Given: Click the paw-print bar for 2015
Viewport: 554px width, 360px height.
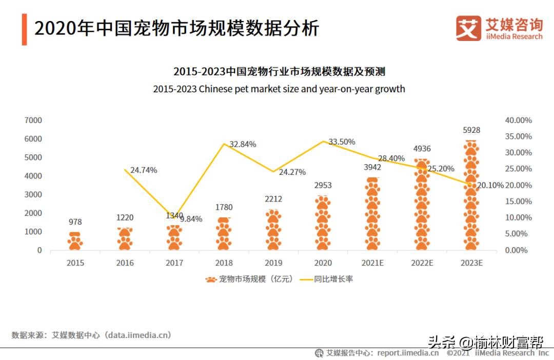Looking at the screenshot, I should tap(75, 241).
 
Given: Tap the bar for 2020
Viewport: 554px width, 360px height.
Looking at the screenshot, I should tap(323, 223).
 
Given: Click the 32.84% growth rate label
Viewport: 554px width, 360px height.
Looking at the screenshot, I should tap(243, 144).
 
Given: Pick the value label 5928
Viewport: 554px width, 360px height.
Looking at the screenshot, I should tap(471, 130).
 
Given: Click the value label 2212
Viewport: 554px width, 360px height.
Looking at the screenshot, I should tap(273, 199).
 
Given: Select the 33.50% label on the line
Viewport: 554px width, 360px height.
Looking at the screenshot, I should tap(342, 142).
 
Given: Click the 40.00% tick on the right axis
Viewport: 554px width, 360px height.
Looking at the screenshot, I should tap(518, 120).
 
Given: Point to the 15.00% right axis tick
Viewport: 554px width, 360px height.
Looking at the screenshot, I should tap(518, 202).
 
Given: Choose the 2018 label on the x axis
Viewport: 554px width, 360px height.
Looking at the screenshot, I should tap(224, 263).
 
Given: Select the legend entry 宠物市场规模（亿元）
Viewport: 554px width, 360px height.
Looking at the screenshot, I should tap(250, 279).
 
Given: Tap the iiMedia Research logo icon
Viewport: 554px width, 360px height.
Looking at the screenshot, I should tap(468, 28).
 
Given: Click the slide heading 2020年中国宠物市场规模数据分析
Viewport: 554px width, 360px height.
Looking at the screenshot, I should tap(176, 28).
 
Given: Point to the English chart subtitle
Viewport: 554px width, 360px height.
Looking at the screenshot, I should tap(279, 89).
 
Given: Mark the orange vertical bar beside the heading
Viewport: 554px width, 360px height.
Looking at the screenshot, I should tap(24, 29).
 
